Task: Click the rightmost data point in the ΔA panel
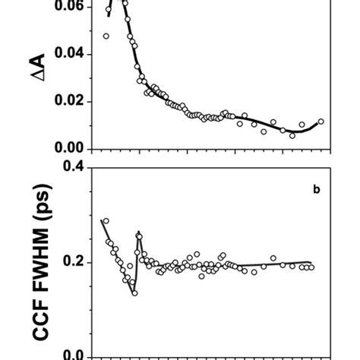[x=321, y=122]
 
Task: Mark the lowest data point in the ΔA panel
[x=292, y=135]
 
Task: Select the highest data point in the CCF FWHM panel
[x=106, y=221]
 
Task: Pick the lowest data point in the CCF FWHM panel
[x=134, y=292]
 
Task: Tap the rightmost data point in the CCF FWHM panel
[x=311, y=267]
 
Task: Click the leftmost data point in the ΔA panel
[x=106, y=36]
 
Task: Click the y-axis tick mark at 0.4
[x=87, y=168]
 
